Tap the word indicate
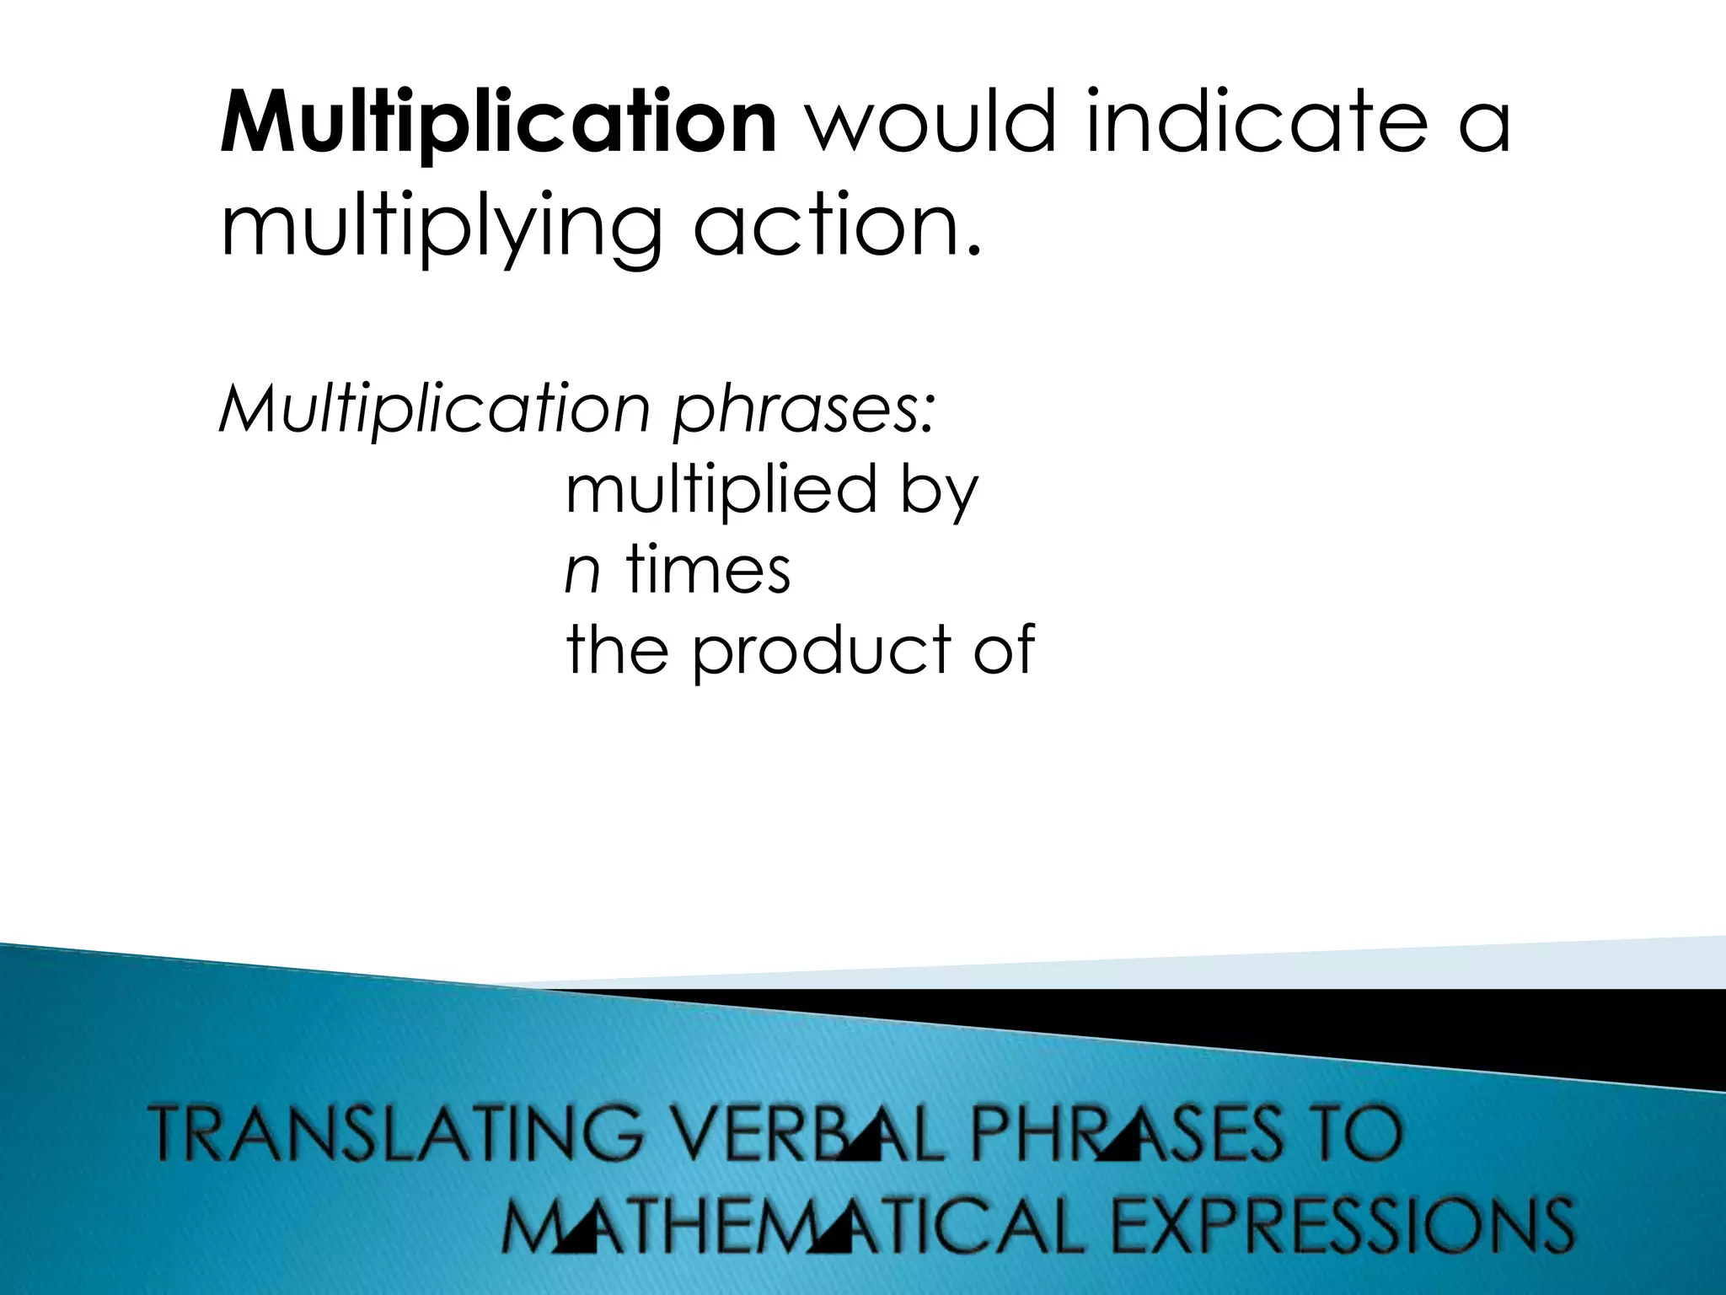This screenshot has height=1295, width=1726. (1251, 125)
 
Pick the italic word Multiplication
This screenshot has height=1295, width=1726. (435, 411)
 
